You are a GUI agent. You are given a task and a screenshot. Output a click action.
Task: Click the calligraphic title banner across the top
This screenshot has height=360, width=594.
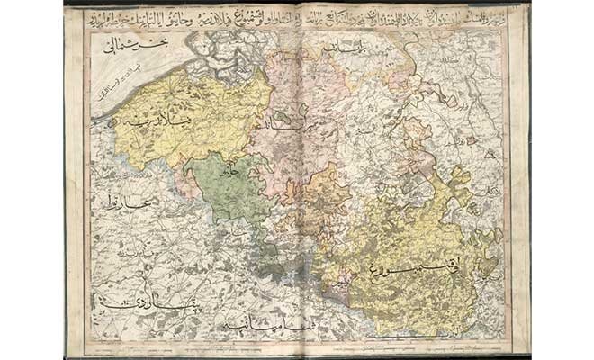click(297, 16)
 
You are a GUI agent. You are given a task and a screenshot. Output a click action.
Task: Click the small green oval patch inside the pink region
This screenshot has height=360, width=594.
click(286, 116)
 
